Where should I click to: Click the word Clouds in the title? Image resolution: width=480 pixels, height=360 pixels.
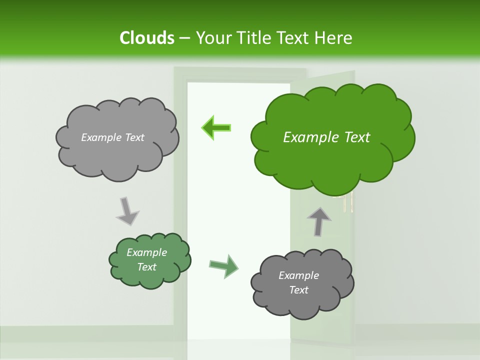[x=146, y=38]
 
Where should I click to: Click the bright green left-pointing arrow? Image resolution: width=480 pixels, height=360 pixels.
[x=216, y=127]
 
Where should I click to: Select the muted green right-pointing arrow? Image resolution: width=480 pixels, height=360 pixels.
[x=223, y=266]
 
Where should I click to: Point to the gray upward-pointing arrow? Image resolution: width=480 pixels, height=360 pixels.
[x=318, y=221]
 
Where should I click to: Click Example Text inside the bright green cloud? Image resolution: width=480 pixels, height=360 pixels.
[x=326, y=137]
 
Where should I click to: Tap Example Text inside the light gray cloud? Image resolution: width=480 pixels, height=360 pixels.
[x=112, y=137]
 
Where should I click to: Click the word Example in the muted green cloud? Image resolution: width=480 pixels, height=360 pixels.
[x=146, y=252]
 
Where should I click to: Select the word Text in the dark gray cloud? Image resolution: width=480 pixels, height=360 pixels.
[x=298, y=290]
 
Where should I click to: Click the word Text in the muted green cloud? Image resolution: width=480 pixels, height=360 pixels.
[x=146, y=267]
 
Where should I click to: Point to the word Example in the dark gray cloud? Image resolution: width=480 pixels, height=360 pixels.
[x=298, y=275]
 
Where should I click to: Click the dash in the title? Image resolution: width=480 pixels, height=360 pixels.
[x=184, y=38]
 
